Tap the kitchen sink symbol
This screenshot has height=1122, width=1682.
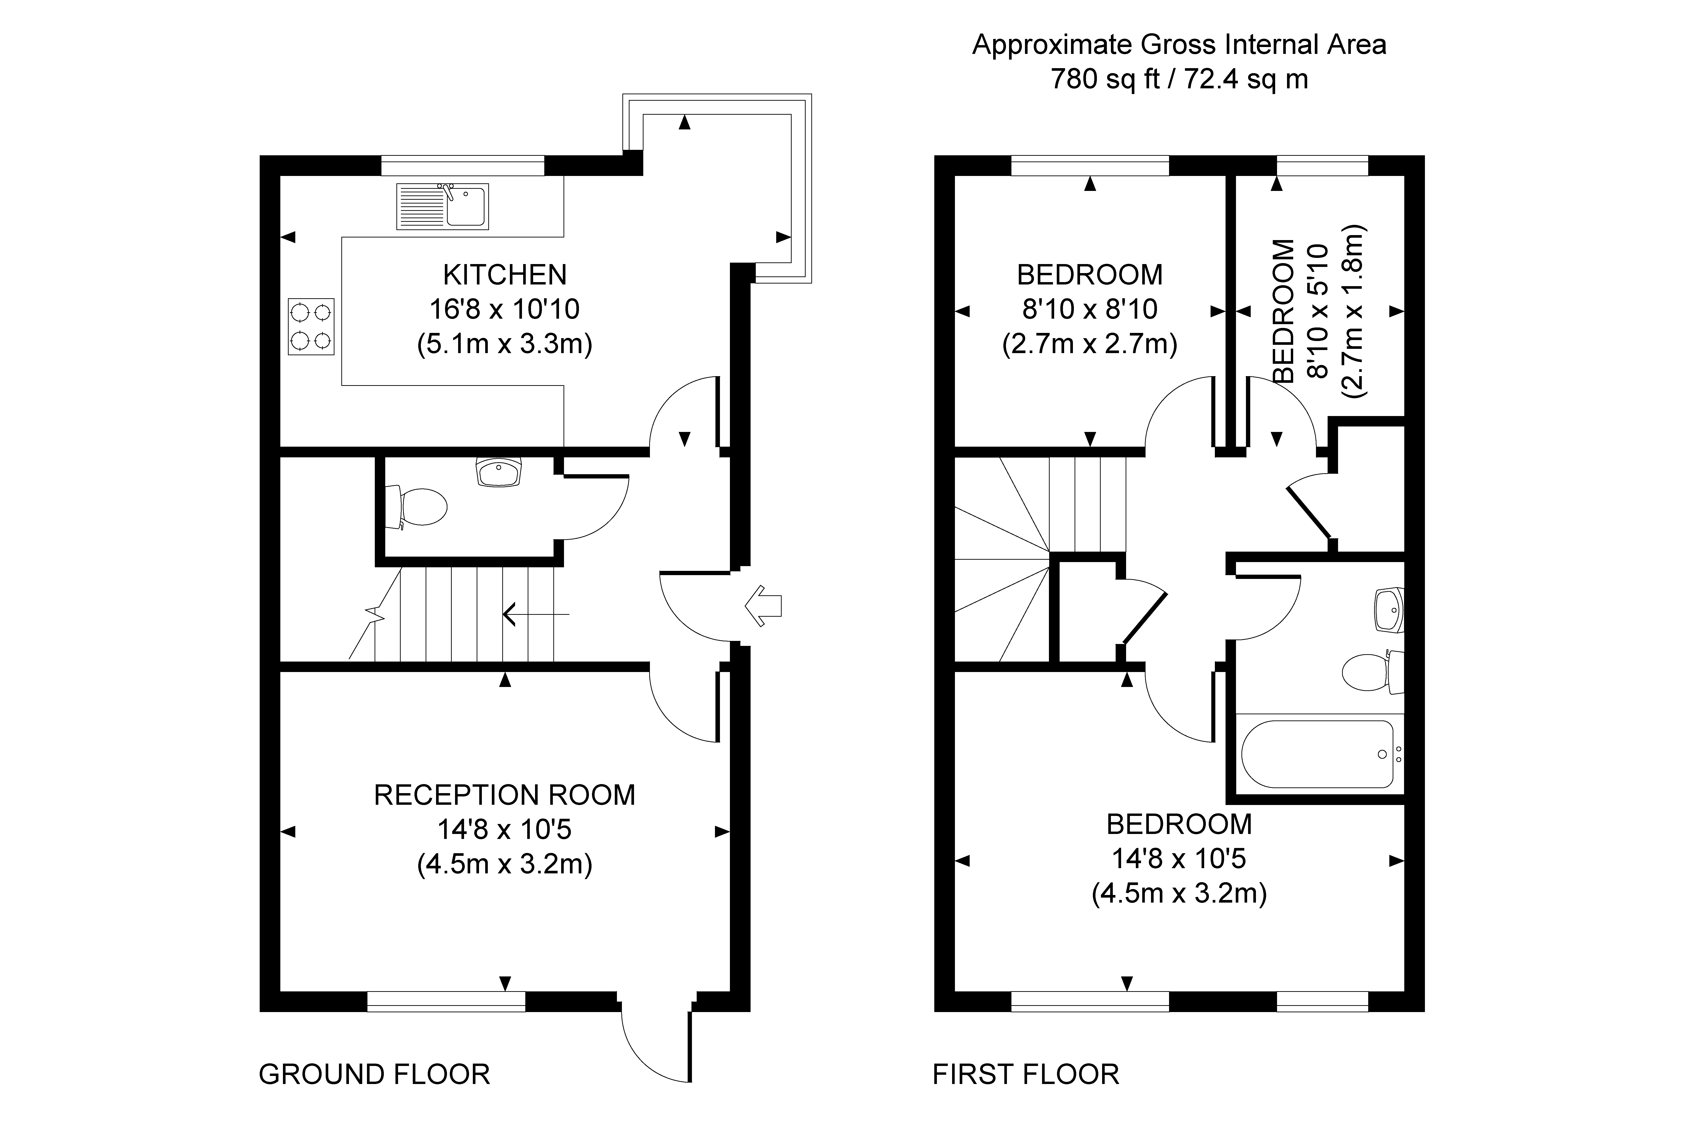coord(443,207)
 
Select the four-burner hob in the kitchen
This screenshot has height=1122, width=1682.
coord(311,326)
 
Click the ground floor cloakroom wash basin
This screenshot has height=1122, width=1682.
coord(500,472)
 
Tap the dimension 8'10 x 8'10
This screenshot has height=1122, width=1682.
coord(1090,309)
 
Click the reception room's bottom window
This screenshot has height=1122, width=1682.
coord(446,1001)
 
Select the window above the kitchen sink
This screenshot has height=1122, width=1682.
coord(463,165)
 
